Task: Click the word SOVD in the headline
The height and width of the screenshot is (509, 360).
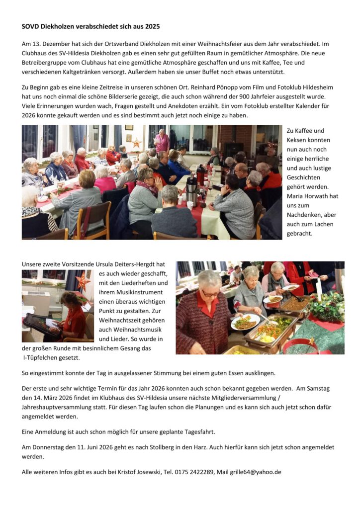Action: pos(31,26)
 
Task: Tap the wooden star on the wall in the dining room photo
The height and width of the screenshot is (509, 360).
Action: pos(136,144)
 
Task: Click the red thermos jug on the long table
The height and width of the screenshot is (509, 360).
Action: pos(200,174)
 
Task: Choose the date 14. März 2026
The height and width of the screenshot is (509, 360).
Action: pos(55,398)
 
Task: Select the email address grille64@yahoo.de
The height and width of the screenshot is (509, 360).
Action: pos(257,472)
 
